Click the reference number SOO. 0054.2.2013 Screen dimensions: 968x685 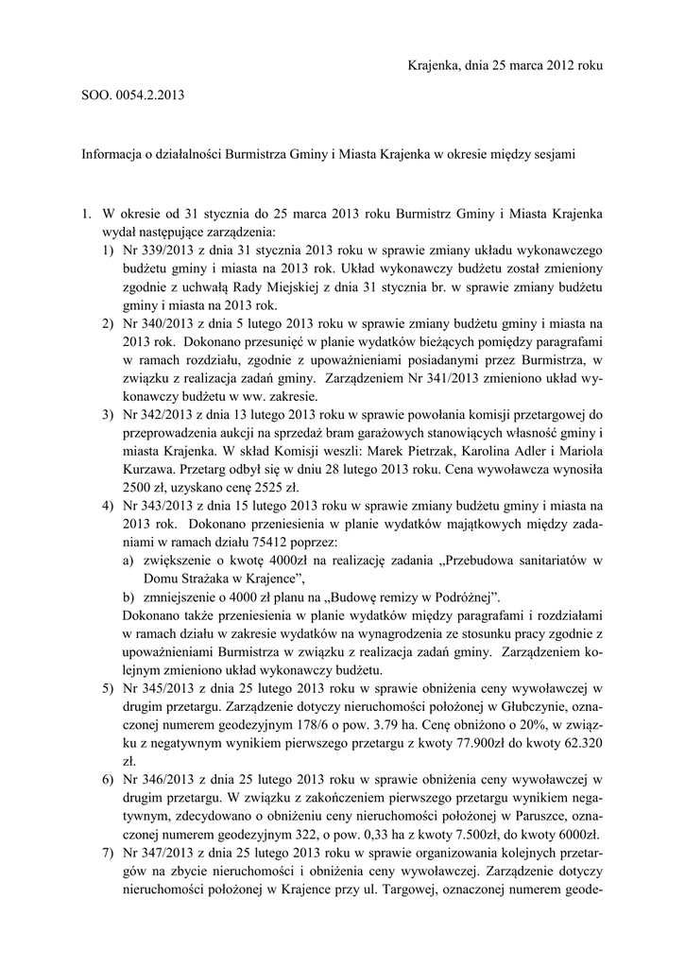(x=132, y=96)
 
